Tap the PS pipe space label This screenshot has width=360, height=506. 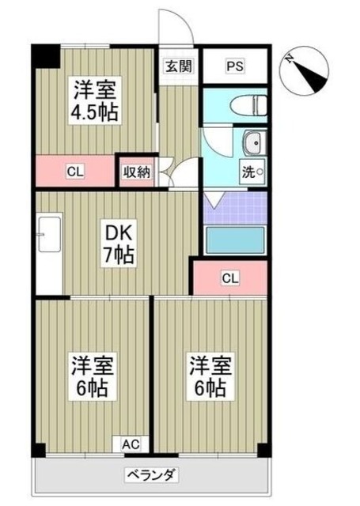click(235, 66)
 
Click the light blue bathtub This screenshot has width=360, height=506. click(235, 240)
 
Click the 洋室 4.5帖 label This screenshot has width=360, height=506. click(96, 100)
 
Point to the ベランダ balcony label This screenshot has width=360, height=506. click(151, 476)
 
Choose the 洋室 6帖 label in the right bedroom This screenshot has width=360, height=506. click(209, 376)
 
